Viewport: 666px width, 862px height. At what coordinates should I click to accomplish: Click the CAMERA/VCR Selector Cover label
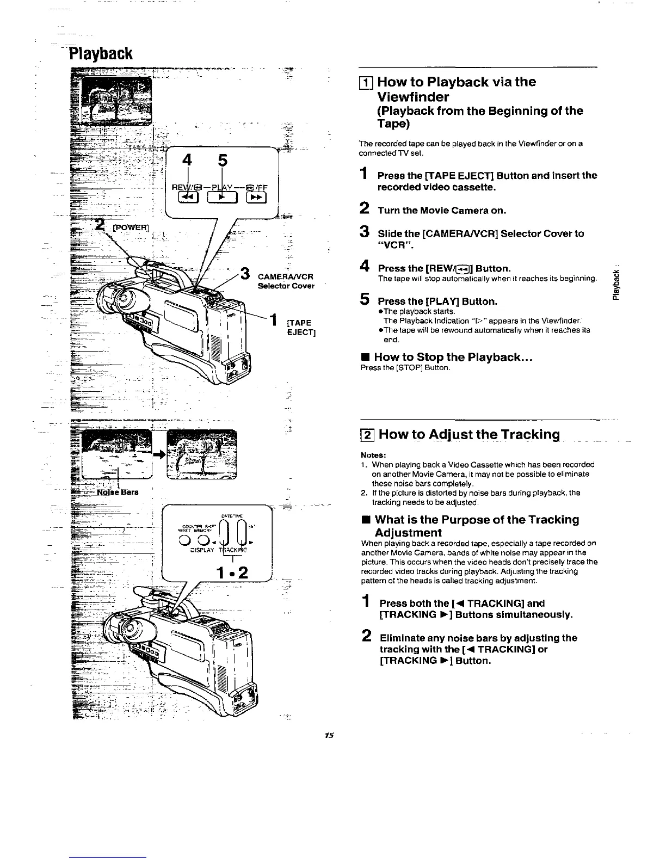[286, 281]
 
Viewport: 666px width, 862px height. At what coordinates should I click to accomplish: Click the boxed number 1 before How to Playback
[367, 83]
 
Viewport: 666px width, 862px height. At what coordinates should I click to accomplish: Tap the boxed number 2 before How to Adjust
[367, 435]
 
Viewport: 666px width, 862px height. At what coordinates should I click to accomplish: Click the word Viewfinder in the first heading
[413, 97]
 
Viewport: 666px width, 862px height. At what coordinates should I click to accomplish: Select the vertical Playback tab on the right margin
[616, 283]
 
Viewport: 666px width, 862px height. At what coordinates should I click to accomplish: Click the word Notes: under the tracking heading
[373, 455]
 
